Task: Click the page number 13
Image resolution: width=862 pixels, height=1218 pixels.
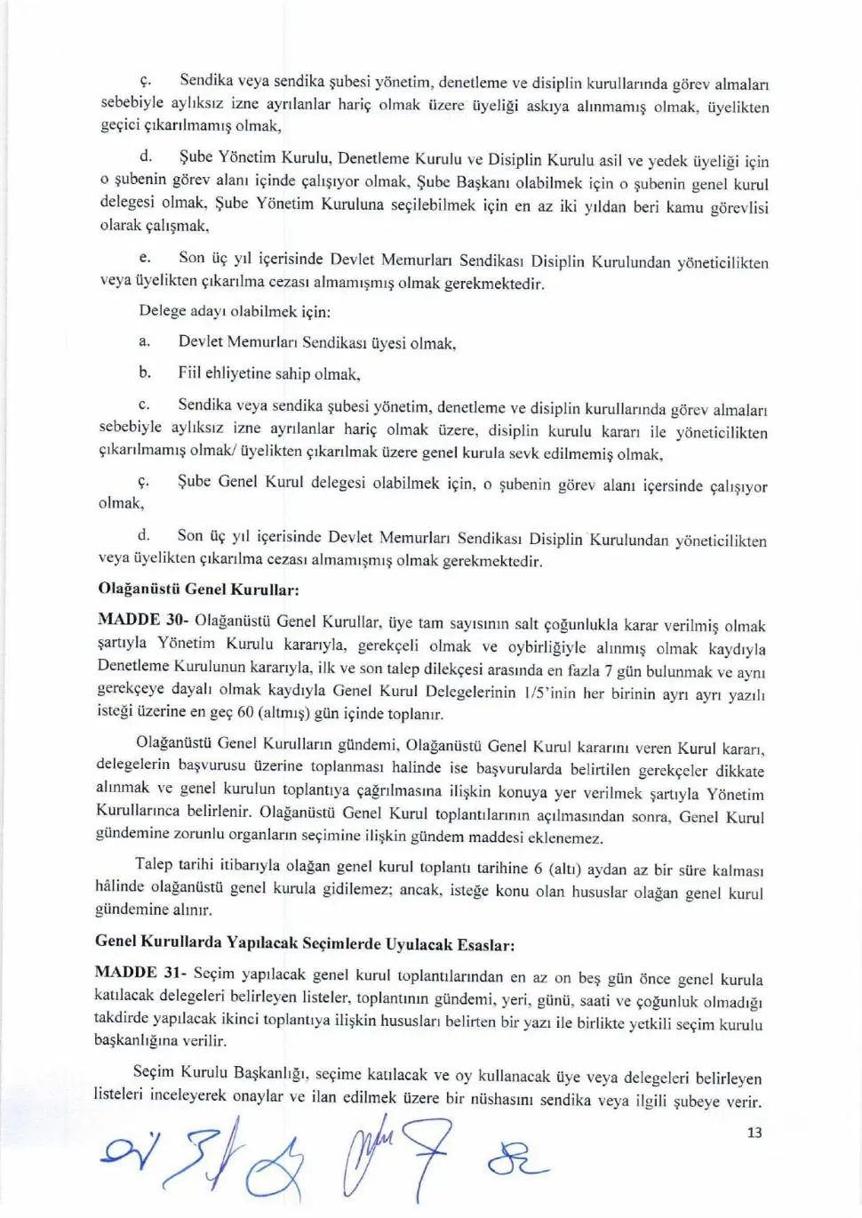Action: (754, 1133)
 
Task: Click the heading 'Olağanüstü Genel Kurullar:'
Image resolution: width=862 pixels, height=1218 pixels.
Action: (198, 589)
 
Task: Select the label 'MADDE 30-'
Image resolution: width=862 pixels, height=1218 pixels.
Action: (141, 620)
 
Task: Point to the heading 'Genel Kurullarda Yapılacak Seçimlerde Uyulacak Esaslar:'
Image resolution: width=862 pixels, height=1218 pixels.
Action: (304, 943)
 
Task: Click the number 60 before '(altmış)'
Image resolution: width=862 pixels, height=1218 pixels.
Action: (245, 713)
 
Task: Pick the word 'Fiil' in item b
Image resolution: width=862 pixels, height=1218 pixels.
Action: (190, 373)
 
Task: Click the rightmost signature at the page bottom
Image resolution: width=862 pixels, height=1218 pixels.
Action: (518, 1160)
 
